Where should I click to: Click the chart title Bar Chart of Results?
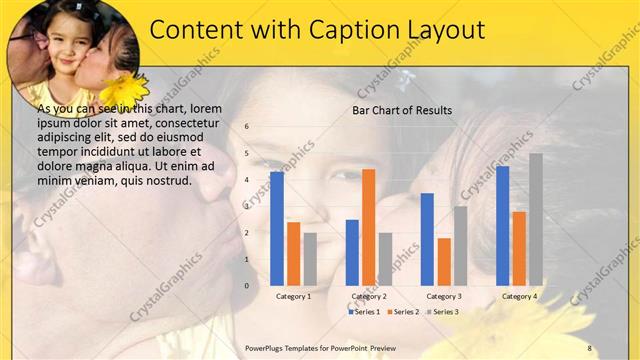402,110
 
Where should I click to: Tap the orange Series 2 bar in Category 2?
368,227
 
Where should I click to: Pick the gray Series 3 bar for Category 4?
536,219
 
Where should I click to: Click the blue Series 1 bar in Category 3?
427,239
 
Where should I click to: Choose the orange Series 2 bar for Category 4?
519,248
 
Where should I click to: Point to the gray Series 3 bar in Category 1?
310,259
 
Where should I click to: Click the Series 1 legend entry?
364,312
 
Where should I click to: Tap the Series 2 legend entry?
403,312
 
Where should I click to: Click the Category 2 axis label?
368,296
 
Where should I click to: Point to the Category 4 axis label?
519,296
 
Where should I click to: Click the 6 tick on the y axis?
247,127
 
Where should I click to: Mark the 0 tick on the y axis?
247,285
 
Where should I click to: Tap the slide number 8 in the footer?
590,347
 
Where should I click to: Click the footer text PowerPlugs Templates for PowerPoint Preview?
320,347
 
